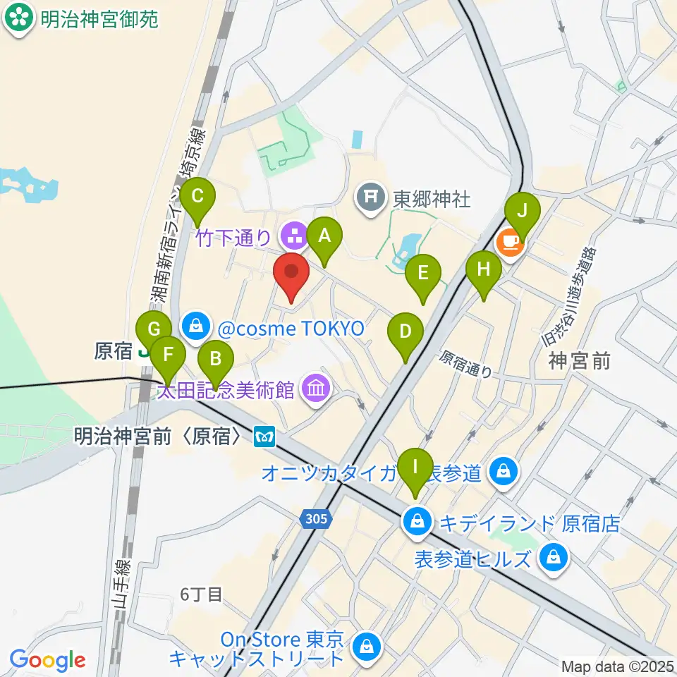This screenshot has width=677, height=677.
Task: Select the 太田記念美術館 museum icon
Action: point(315,387)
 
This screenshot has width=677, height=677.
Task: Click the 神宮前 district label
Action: point(579,362)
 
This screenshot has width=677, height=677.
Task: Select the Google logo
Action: point(48,660)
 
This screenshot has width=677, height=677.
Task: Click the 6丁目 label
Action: point(201,595)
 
